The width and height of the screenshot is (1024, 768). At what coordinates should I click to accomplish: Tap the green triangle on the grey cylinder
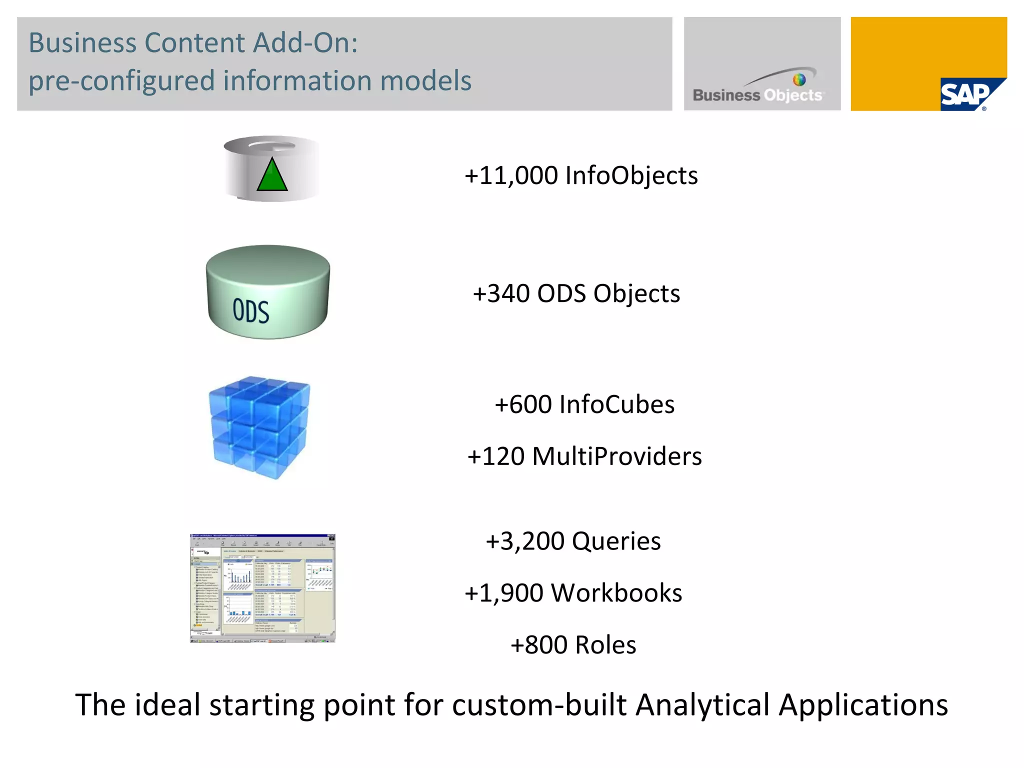pyautogui.click(x=272, y=175)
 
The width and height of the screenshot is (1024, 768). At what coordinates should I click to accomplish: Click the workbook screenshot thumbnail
pyautogui.click(x=262, y=588)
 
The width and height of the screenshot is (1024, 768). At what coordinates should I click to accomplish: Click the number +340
pyautogui.click(x=501, y=293)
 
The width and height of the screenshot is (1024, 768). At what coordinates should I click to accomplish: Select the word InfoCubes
pyautogui.click(x=617, y=404)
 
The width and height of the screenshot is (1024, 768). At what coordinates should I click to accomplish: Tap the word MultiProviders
pyautogui.click(x=617, y=456)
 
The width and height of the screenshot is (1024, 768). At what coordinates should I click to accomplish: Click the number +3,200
pyautogui.click(x=525, y=541)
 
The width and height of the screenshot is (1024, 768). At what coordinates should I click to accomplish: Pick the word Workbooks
pyautogui.click(x=616, y=593)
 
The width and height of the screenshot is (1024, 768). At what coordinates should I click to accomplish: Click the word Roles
pyautogui.click(x=605, y=645)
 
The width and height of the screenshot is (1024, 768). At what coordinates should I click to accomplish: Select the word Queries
pyautogui.click(x=616, y=541)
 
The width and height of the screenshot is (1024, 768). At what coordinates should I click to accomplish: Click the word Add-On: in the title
pyautogui.click(x=305, y=43)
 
